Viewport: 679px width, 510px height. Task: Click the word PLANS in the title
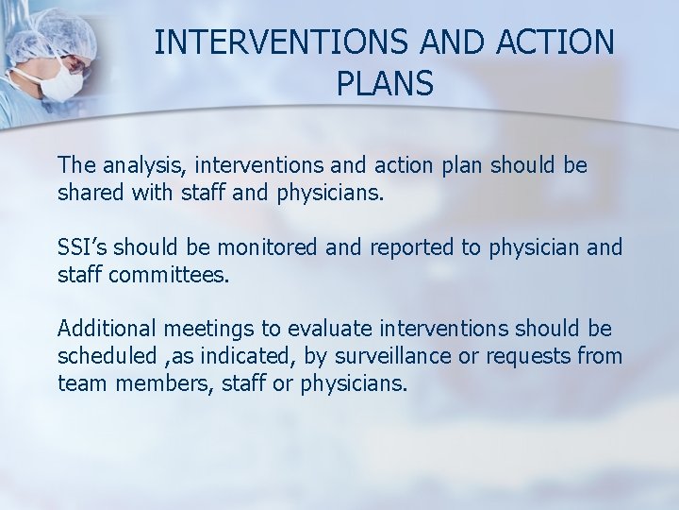tap(384, 84)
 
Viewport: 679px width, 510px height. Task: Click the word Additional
tap(108, 329)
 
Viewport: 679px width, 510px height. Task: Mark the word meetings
tap(208, 330)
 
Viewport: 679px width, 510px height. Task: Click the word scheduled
tap(108, 356)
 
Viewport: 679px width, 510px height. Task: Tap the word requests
tap(531, 357)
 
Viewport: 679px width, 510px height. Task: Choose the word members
tap(151, 383)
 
